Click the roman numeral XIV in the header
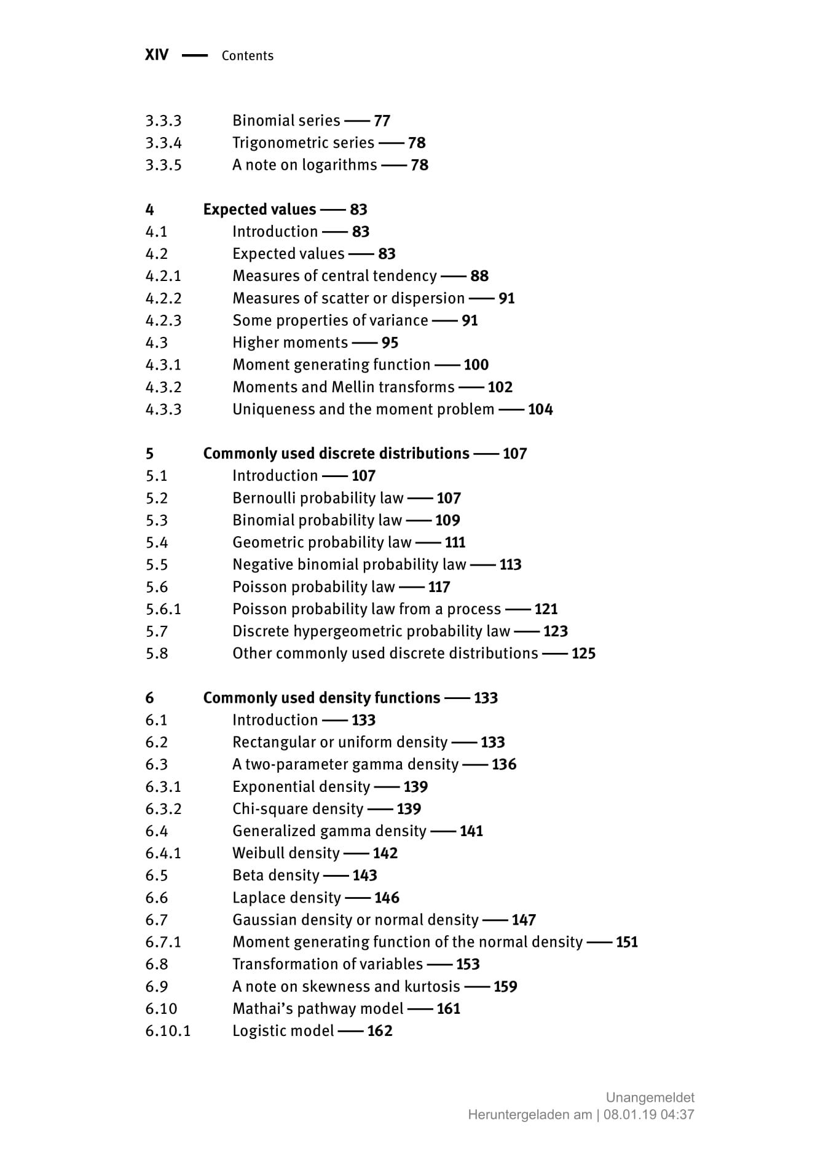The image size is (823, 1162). coord(156,55)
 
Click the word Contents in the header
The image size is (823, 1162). coord(247,56)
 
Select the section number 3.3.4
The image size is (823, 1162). coord(163,143)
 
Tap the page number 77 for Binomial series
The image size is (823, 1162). coord(382,121)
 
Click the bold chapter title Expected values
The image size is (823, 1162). coord(259,210)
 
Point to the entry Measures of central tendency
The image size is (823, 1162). coord(334,276)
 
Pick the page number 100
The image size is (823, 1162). coord(476,365)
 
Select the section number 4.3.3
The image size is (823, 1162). coord(163,409)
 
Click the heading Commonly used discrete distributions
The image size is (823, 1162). coord(336,454)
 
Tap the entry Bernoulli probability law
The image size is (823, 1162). coord(318,498)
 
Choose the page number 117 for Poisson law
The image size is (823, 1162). coord(439,587)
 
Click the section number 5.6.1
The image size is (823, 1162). coord(163,609)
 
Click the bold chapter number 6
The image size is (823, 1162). coord(150,698)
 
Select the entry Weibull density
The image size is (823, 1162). coord(286,853)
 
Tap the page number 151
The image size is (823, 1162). coord(626,943)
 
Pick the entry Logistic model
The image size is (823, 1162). coord(283,1031)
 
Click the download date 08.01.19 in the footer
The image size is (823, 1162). coord(630,1115)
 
